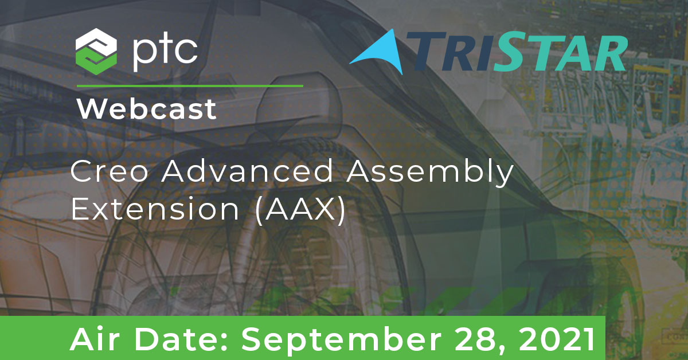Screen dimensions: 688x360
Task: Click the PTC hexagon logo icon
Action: point(96,52)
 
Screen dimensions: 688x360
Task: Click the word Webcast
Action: point(147,108)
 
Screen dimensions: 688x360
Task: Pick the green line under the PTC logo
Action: point(190,86)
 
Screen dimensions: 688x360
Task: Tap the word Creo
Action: point(110,171)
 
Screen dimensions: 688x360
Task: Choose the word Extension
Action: point(155,209)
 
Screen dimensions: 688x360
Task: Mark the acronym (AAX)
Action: point(300,210)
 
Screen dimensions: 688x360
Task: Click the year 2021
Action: point(556,339)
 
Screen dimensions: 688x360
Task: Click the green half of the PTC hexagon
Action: point(96,63)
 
